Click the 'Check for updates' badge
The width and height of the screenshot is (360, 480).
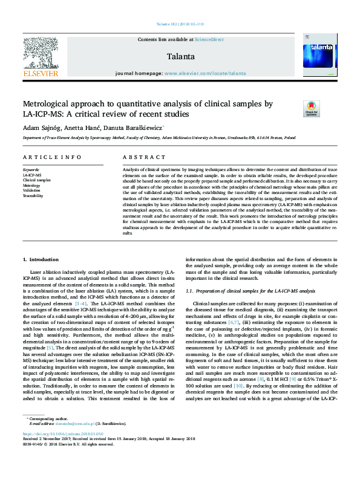tap(311, 108)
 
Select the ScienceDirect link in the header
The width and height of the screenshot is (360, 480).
tap(209, 39)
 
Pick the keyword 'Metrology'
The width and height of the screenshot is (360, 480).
tap(32, 186)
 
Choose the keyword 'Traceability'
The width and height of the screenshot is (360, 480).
tap(34, 196)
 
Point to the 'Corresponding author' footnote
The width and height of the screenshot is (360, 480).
tap(48, 435)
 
